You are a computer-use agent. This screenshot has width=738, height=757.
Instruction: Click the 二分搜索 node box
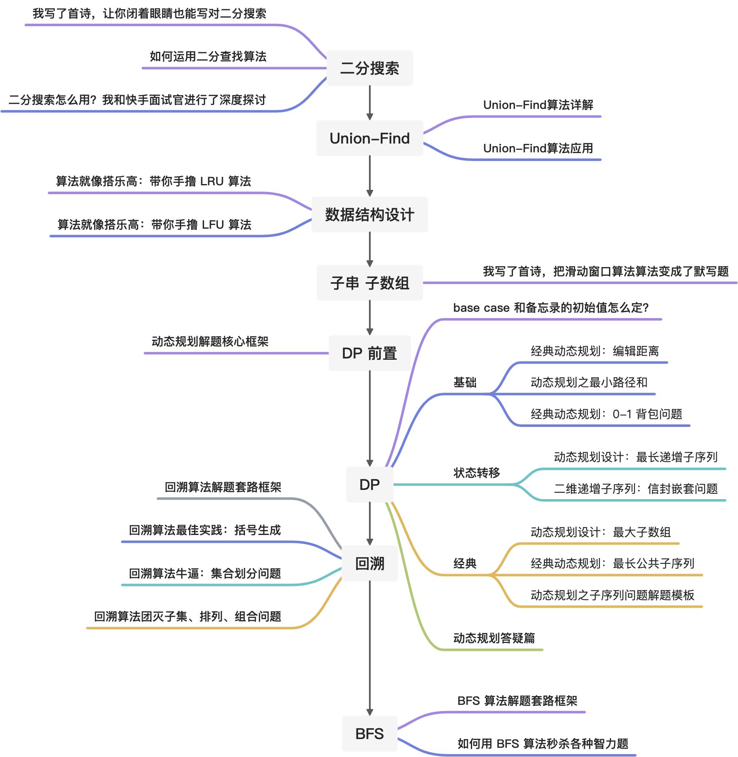(x=369, y=68)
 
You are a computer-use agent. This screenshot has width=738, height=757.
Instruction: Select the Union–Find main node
(x=369, y=138)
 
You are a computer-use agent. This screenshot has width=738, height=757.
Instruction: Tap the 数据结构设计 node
(x=369, y=214)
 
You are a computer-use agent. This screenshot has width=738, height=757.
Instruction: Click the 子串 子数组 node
(x=369, y=283)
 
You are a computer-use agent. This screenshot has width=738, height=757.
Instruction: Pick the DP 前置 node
(x=369, y=353)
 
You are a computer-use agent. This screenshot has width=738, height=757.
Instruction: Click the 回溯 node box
(x=369, y=563)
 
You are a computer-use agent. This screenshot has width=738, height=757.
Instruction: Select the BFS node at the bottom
(x=369, y=734)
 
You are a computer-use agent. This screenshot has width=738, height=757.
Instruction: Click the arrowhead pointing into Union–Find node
(x=369, y=117)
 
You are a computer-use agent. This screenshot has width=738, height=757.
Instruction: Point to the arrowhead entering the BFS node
(x=369, y=712)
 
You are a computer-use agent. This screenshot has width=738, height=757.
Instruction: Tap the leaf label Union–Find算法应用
(x=538, y=148)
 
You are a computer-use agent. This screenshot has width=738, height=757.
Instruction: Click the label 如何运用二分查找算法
(x=208, y=56)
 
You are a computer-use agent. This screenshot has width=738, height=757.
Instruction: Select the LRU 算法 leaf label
(x=153, y=181)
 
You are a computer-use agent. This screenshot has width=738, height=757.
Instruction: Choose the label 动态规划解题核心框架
(x=210, y=341)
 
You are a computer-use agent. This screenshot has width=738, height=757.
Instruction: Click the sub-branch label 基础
(x=465, y=382)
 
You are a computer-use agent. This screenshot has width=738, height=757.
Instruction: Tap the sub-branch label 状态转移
(x=476, y=473)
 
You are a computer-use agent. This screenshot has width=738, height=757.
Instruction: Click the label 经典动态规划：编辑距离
(x=594, y=351)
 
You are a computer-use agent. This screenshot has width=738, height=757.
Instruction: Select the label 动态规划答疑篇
(x=494, y=638)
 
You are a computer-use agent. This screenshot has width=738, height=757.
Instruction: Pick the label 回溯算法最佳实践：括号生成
(x=205, y=530)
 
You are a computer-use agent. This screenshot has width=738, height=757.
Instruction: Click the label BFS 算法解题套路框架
(x=517, y=701)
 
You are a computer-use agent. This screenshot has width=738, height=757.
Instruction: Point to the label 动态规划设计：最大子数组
(x=600, y=532)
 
